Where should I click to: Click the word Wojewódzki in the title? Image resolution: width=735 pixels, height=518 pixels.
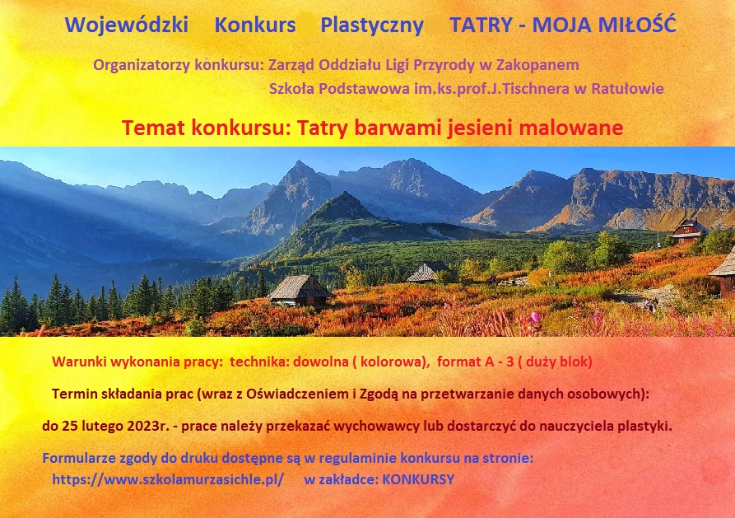pyautogui.click(x=127, y=25)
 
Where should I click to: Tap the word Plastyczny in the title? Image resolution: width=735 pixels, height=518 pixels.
pyautogui.click(x=372, y=26)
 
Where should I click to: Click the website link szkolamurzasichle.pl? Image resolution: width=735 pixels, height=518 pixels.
pyautogui.click(x=168, y=479)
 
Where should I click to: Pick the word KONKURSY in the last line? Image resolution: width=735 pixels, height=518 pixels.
pyautogui.click(x=418, y=479)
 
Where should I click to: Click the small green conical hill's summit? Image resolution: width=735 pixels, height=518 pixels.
pyautogui.click(x=346, y=193)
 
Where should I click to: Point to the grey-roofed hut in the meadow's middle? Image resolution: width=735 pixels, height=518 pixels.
pyautogui.click(x=429, y=272)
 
